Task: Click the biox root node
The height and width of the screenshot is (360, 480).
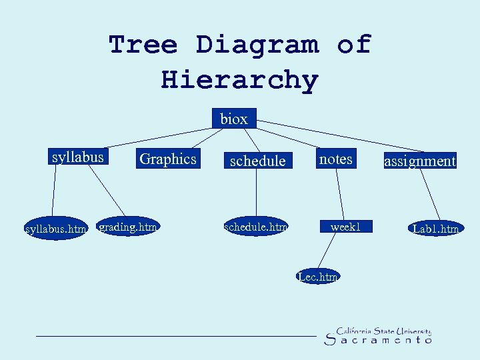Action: pyautogui.click(x=233, y=119)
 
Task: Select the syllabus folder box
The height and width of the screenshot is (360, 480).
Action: pyautogui.click(x=78, y=157)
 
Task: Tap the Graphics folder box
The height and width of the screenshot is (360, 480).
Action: pyautogui.click(x=167, y=159)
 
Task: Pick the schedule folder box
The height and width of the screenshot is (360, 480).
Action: pyautogui.click(x=257, y=161)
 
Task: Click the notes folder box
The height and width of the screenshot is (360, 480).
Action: pyautogui.click(x=335, y=159)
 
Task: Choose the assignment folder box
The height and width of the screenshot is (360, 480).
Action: pyautogui.click(x=420, y=161)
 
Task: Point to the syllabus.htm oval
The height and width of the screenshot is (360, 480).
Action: pyautogui.click(x=55, y=229)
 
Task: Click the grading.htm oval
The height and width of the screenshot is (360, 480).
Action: pyautogui.click(x=127, y=227)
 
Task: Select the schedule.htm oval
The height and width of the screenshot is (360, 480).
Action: pyautogui.click(x=257, y=227)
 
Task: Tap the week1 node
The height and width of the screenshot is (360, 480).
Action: pyautogui.click(x=345, y=227)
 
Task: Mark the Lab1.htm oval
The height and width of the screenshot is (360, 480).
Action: pyautogui.click(x=436, y=229)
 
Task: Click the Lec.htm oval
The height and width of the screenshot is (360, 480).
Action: pyautogui.click(x=319, y=275)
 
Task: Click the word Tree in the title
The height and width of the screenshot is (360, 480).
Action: pyautogui.click(x=143, y=45)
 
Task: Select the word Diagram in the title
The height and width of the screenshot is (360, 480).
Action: pyautogui.click(x=257, y=45)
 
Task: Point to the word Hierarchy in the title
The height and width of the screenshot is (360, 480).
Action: pyautogui.click(x=240, y=80)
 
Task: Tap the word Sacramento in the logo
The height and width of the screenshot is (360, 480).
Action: pyautogui.click(x=378, y=340)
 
